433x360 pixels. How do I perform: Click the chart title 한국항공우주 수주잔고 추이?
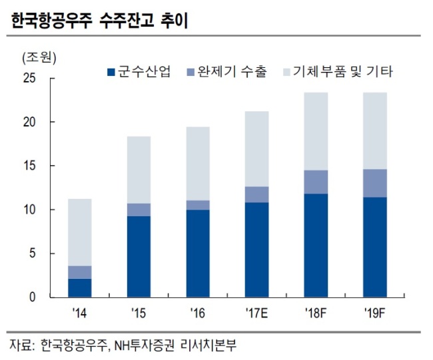click(x=100, y=21)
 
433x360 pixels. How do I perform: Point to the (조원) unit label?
click(x=39, y=58)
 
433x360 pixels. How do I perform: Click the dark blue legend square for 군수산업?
click(x=111, y=73)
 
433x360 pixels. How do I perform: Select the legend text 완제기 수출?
click(x=232, y=72)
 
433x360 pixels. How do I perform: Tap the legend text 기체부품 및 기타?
click(x=342, y=72)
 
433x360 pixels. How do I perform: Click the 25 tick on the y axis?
click(x=30, y=79)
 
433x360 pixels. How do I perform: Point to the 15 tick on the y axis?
click(x=30, y=166)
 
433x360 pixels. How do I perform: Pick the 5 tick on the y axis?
click(x=33, y=254)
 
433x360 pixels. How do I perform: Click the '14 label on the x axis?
click(x=79, y=313)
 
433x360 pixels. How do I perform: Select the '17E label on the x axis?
click(x=256, y=313)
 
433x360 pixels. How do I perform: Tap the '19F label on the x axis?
click(x=375, y=313)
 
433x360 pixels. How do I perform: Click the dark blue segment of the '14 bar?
click(x=80, y=288)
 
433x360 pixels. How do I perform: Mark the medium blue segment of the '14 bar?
click(x=80, y=273)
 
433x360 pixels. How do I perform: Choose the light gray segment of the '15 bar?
click(x=139, y=170)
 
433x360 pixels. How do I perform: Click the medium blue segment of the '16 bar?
click(x=198, y=205)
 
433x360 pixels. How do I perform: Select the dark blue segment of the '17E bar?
click(x=257, y=250)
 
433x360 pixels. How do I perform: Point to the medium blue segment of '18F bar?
click(x=316, y=182)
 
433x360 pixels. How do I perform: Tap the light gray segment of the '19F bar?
click(x=375, y=131)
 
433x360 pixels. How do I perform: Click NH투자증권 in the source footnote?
click(x=144, y=345)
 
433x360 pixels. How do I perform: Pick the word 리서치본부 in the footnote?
click(x=209, y=345)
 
